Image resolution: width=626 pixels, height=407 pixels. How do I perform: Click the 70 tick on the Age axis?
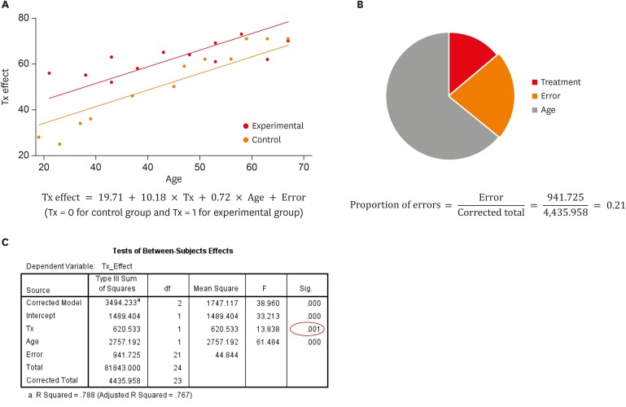click(304, 168)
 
